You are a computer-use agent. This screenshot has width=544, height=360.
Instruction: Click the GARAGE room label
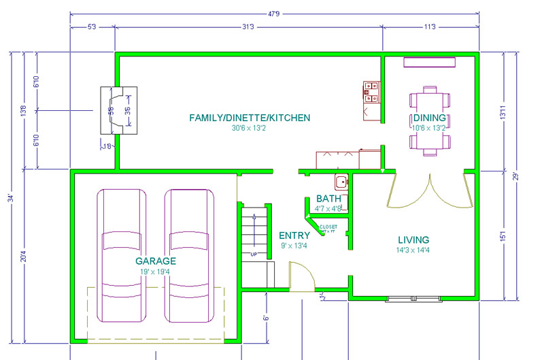tap(156, 261)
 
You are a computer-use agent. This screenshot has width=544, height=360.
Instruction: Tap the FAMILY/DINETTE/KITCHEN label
tap(250, 118)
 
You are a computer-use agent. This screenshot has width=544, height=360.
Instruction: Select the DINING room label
tap(428, 118)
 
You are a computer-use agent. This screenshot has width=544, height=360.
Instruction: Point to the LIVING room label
tap(413, 240)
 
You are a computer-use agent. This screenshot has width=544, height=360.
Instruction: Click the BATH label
tap(329, 199)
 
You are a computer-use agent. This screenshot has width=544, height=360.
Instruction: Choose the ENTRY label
tap(294, 235)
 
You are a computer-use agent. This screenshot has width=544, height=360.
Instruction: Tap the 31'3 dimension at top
tap(248, 27)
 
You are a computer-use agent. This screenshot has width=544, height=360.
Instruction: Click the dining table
tap(430, 121)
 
